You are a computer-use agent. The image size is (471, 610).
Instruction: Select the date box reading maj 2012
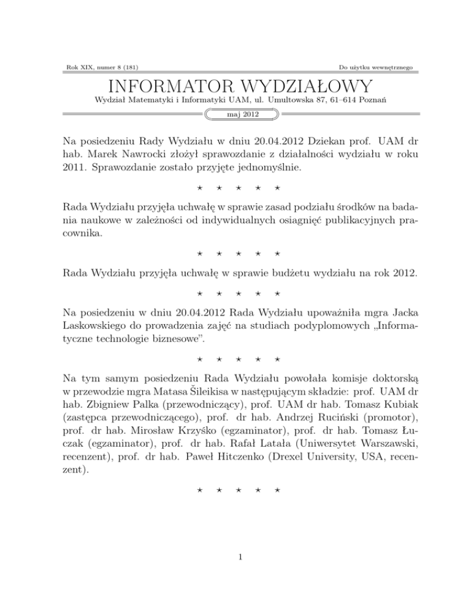(235, 114)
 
